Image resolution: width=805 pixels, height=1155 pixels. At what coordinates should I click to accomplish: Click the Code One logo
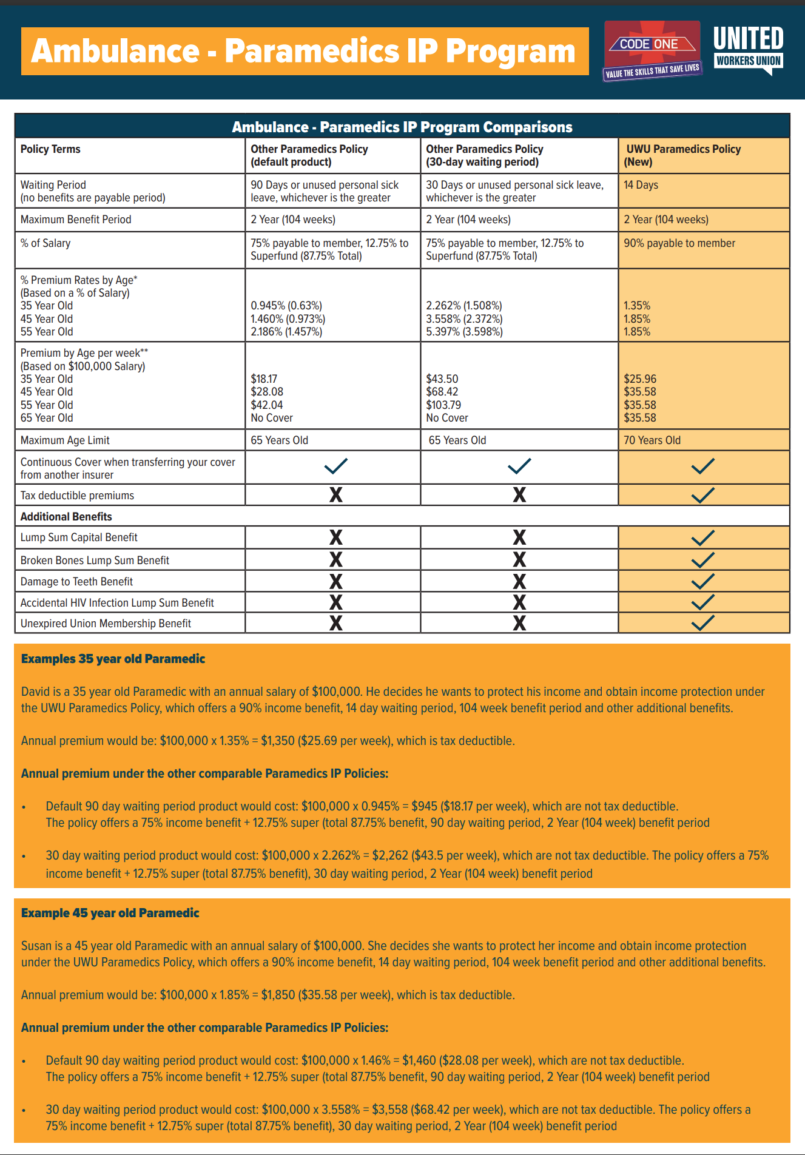[652, 51]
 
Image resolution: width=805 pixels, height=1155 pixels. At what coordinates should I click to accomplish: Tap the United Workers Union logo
[748, 49]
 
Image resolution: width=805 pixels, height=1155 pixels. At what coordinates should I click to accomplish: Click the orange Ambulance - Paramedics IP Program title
[304, 51]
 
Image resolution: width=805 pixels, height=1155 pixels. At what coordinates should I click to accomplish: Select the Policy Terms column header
[50, 149]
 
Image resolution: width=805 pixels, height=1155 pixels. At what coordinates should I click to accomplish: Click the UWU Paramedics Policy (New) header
[682, 155]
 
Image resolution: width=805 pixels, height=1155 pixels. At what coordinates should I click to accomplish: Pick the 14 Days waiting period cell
[641, 185]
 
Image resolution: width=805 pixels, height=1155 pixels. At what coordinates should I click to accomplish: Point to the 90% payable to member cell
[679, 243]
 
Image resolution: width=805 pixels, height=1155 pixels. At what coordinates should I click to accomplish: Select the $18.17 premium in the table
[264, 379]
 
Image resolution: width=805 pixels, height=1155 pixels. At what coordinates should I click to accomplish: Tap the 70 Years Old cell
[652, 440]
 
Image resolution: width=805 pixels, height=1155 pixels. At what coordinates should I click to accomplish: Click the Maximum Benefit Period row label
[76, 220]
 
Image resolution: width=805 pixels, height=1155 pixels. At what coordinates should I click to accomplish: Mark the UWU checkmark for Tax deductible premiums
[703, 495]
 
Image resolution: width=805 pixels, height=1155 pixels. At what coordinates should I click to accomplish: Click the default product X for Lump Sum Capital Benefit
[335, 537]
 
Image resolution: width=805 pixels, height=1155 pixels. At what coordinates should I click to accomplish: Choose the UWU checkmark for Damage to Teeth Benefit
[703, 581]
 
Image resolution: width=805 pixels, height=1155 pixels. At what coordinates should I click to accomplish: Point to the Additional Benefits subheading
[66, 517]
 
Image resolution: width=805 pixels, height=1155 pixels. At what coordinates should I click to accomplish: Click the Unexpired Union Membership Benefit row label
[106, 624]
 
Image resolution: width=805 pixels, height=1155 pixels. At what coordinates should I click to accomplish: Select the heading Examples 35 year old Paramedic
[113, 659]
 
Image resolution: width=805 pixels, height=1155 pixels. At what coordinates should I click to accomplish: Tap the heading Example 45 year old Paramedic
[110, 913]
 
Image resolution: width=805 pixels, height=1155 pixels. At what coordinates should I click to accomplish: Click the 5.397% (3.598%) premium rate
[464, 332]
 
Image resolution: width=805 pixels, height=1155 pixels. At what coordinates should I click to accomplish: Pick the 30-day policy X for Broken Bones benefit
[519, 559]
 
